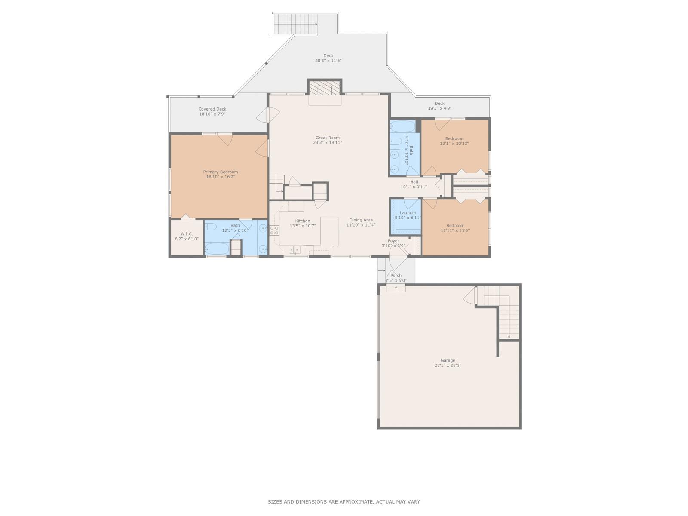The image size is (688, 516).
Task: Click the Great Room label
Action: pyautogui.click(x=327, y=138)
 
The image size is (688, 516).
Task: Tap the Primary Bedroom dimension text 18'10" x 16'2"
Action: pyautogui.click(x=220, y=177)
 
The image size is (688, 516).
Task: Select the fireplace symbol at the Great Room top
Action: pyautogui.click(x=325, y=89)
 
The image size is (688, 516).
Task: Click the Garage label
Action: pyautogui.click(x=448, y=361)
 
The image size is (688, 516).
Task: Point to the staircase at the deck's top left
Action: pyautogui.click(x=295, y=24)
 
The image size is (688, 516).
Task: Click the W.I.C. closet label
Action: pyautogui.click(x=187, y=234)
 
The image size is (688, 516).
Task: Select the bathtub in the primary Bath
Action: pyautogui.click(x=216, y=249)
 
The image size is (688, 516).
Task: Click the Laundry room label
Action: pyautogui.click(x=408, y=213)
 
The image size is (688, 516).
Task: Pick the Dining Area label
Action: pyautogui.click(x=361, y=220)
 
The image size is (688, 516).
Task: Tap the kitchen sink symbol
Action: pyautogui.click(x=295, y=249)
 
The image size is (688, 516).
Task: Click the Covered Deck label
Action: pyautogui.click(x=212, y=109)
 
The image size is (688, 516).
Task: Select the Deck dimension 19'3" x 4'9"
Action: pyautogui.click(x=439, y=108)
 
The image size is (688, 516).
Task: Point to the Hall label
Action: pyautogui.click(x=414, y=182)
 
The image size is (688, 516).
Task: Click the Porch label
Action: pyautogui.click(x=396, y=276)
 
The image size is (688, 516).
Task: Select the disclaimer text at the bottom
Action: pyautogui.click(x=344, y=501)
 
